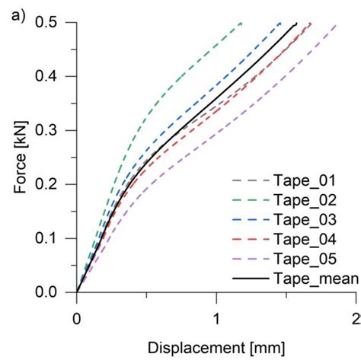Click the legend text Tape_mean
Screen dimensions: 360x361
tap(315, 279)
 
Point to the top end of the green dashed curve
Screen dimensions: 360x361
tap(241, 24)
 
